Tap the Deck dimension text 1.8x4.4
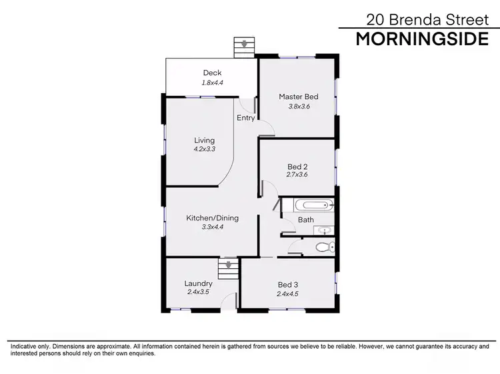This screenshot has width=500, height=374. coord(212,83)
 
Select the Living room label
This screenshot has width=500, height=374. coord(205,140)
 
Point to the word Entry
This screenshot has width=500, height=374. coord(246,118)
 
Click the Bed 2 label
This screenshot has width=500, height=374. coord(297,166)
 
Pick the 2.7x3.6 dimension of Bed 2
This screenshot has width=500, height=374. coord(297,175)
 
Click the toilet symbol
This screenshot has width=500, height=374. coord(325,247)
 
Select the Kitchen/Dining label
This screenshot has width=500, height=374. coord(212,218)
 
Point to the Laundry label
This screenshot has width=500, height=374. coord(198,283)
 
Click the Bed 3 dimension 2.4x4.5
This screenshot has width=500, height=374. coord(288,293)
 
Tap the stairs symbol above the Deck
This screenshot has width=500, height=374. coord(244,47)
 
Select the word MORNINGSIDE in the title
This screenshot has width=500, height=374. coord(422,39)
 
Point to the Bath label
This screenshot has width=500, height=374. coord(306,220)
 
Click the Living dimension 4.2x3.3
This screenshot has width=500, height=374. coord(205,149)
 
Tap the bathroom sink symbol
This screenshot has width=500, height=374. coord(323,230)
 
